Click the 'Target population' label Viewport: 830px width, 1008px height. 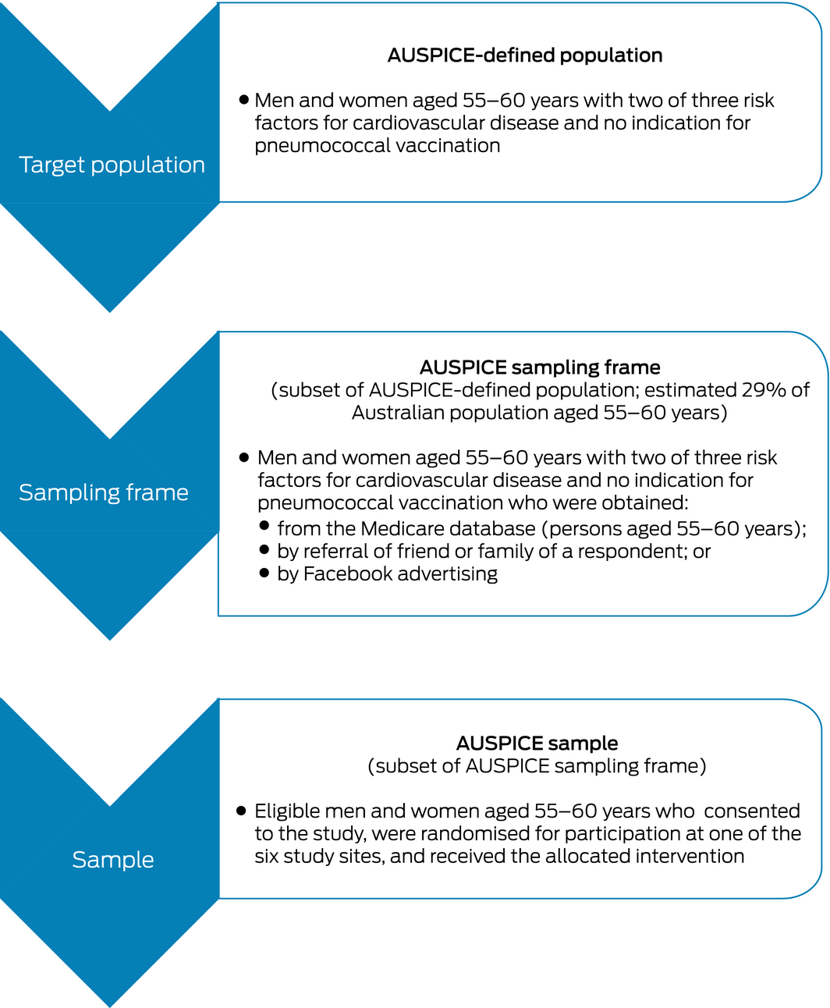pos(112,165)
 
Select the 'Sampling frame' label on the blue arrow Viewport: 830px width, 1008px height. pos(104,492)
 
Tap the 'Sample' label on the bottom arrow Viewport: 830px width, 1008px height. pos(113,859)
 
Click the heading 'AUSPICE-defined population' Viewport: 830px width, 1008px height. pos(525,55)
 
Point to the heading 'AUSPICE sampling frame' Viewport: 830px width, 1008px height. pos(540,367)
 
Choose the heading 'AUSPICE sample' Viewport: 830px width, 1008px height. pos(537,743)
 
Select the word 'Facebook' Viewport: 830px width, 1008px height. pos(347,574)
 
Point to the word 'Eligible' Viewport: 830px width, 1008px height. pos(286,811)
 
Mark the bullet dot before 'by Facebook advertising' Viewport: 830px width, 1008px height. pos(264,573)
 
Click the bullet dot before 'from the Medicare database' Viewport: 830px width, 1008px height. pos(264,526)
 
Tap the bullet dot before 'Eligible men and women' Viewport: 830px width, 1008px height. pos(242,811)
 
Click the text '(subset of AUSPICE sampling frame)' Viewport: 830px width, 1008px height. pos(537,766)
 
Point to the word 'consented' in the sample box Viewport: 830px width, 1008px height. pos(752,811)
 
